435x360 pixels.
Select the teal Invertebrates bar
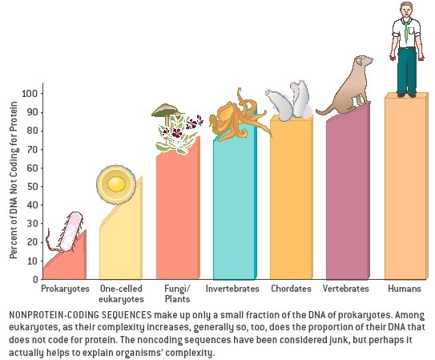234,208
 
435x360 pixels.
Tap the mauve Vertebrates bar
346,200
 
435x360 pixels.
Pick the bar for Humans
405,188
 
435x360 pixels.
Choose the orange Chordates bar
290,200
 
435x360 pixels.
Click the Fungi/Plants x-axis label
177,293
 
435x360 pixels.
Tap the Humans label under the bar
404,288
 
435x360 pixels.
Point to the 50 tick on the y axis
30,186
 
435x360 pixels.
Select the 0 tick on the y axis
33,279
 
